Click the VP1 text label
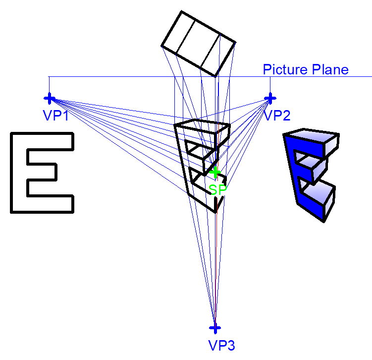tap(55, 115)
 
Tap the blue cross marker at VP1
tap(50, 98)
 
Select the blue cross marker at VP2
tap(270, 98)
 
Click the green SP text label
tap(217, 189)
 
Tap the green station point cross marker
tap(215, 172)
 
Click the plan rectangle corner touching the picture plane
tap(214, 76)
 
